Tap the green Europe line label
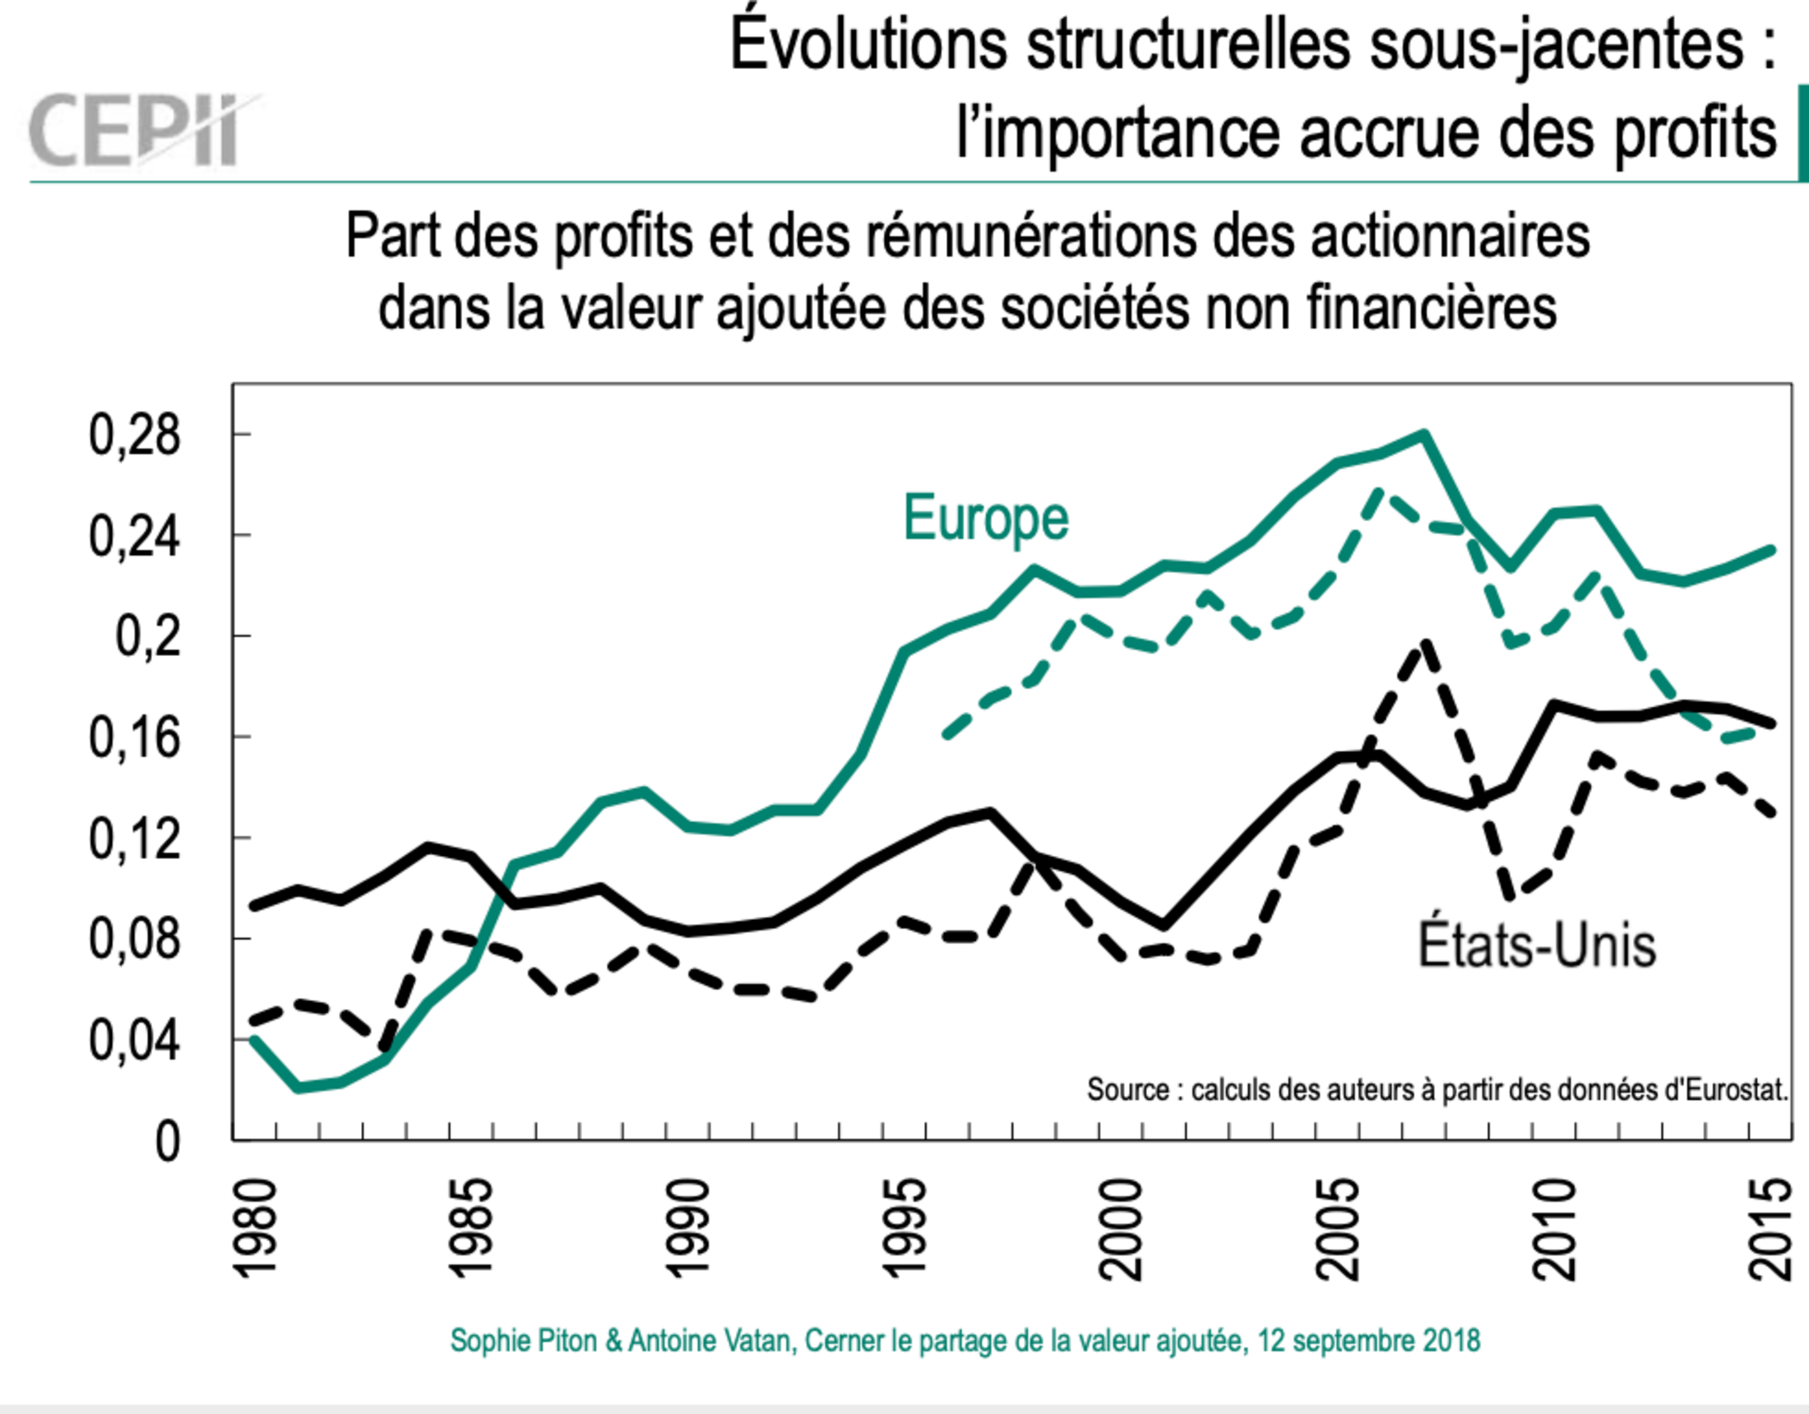pos(986,519)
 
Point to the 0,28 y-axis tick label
pos(134,435)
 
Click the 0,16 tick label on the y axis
pos(134,737)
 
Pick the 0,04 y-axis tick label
pos(134,1041)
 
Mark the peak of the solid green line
pos(1424,433)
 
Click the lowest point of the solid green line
pos(298,1088)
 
